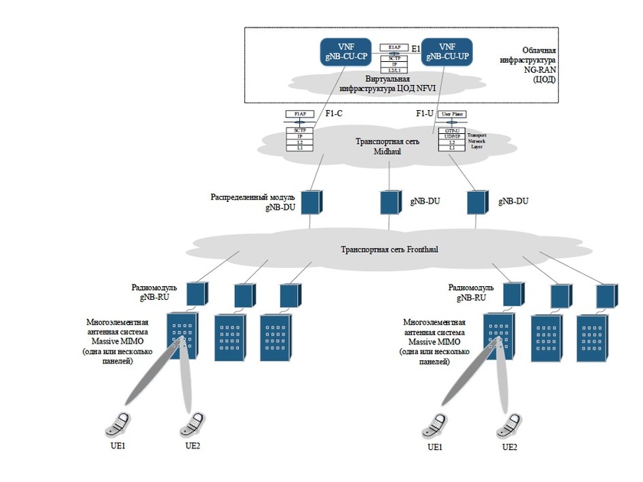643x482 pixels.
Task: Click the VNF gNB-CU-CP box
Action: click(344, 52)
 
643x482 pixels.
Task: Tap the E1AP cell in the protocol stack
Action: click(394, 47)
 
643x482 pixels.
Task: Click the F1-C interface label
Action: click(334, 114)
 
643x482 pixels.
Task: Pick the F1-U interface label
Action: click(426, 114)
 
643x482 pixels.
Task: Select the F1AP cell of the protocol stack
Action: click(300, 113)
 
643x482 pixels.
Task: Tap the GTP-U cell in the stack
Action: click(452, 131)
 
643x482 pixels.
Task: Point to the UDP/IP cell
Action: click(452, 136)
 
